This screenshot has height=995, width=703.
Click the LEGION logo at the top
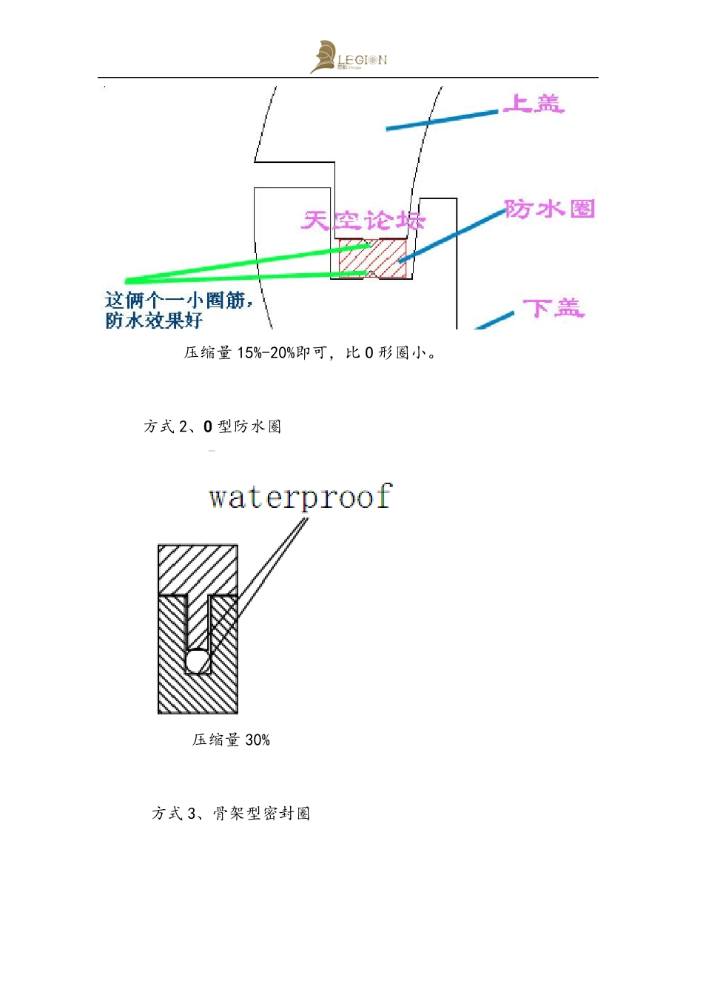pyautogui.click(x=349, y=58)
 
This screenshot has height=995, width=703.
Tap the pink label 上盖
pyautogui.click(x=534, y=104)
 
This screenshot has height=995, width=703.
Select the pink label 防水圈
pyautogui.click(x=550, y=210)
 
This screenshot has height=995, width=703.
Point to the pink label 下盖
pyautogui.click(x=554, y=308)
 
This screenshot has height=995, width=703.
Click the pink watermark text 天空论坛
pyautogui.click(x=363, y=221)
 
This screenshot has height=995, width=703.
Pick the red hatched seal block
pyautogui.click(x=372, y=258)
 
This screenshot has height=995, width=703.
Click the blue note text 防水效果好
pyautogui.click(x=154, y=321)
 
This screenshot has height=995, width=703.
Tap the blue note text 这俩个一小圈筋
pyautogui.click(x=178, y=301)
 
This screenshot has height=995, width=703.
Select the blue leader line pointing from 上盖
pyautogui.click(x=442, y=121)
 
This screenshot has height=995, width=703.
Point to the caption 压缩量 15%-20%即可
pyautogui.click(x=312, y=353)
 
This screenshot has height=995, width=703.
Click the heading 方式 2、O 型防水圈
pyautogui.click(x=212, y=426)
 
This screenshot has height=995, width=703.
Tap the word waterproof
pyautogui.click(x=300, y=497)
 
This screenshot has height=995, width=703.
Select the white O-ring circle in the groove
pyautogui.click(x=198, y=660)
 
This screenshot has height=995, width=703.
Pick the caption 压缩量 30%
pyautogui.click(x=231, y=740)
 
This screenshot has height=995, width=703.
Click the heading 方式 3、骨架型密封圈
pyautogui.click(x=231, y=814)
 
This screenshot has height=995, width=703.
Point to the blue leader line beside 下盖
pyautogui.click(x=494, y=321)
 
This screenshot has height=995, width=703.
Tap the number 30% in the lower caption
pyautogui.click(x=258, y=740)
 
